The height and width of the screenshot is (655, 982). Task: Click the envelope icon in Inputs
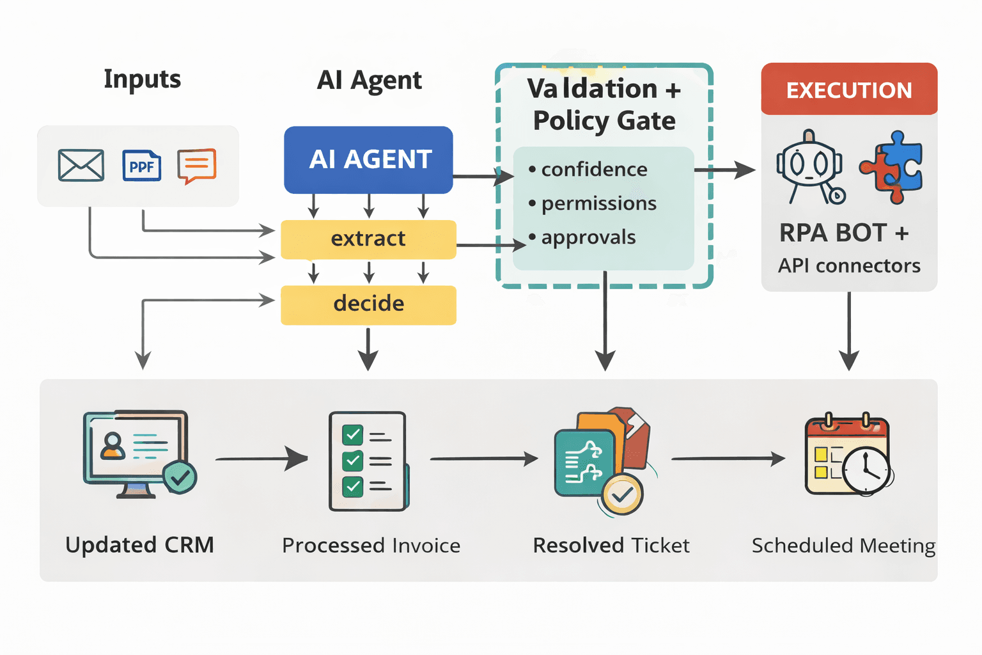point(81,165)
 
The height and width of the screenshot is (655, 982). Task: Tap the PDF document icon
point(141,166)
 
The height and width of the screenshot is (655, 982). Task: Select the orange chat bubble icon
point(197,166)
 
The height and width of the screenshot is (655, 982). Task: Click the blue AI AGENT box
point(369,160)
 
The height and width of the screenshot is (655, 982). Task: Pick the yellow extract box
point(368,239)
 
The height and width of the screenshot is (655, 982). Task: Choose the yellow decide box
point(368,304)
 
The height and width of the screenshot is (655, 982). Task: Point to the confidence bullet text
point(593,170)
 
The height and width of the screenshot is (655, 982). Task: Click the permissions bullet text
point(598,203)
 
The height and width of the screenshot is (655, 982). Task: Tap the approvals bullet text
point(588,237)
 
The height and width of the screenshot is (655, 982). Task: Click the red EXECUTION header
point(849,90)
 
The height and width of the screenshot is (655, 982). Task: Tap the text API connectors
point(849,265)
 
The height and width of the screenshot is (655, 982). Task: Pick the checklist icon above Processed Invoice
point(368,461)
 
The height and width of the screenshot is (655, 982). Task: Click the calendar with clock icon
point(848,455)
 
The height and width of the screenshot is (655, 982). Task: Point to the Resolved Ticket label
point(611,546)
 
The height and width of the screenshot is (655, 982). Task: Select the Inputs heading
point(142,79)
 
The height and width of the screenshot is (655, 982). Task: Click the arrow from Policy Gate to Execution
point(726,170)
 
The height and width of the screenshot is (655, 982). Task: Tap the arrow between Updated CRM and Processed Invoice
point(262,459)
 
